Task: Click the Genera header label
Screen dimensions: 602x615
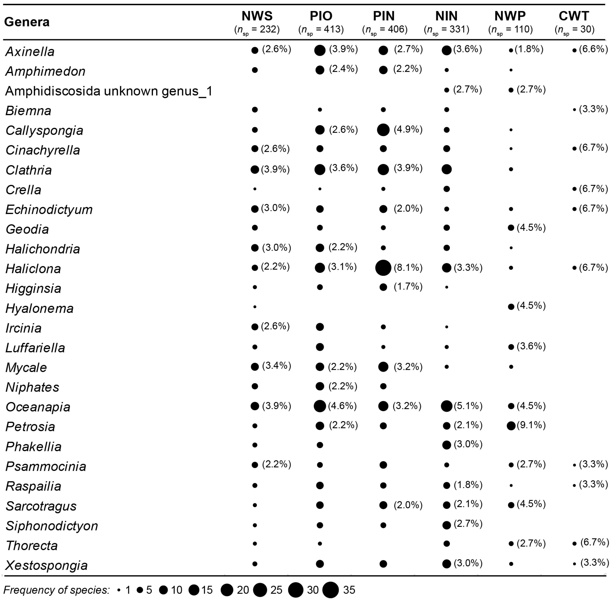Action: click(x=27, y=22)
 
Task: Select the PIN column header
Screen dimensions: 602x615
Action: click(x=384, y=16)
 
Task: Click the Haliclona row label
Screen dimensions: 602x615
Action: click(x=33, y=269)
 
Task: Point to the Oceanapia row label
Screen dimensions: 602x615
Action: click(x=38, y=407)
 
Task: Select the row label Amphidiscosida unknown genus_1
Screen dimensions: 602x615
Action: click(x=109, y=91)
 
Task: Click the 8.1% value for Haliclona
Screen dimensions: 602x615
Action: click(x=408, y=268)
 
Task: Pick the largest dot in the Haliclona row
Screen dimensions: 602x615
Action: click(x=383, y=268)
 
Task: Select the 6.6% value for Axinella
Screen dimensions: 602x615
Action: click(x=593, y=49)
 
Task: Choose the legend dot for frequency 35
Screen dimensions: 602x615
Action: click(x=330, y=590)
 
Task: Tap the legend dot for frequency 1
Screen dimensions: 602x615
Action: click(x=119, y=590)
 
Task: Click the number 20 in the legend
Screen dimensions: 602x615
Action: click(x=243, y=590)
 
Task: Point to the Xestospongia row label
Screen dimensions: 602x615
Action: click(x=46, y=565)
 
